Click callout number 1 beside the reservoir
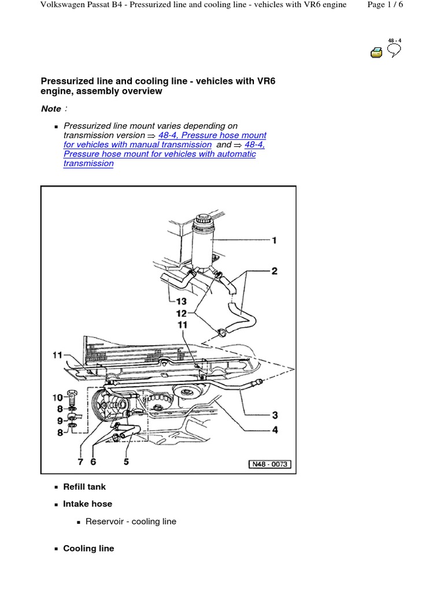(x=275, y=240)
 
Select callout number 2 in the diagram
(x=275, y=271)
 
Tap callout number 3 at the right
(x=275, y=415)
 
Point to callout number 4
(x=275, y=430)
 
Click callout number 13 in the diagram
(x=182, y=301)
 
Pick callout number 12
(x=182, y=313)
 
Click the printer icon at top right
(x=376, y=53)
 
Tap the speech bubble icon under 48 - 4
(x=394, y=52)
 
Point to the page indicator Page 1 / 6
(x=402, y=5)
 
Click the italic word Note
(x=51, y=109)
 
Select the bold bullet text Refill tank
(x=84, y=487)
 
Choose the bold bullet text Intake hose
(x=87, y=504)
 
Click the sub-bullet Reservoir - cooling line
(x=131, y=521)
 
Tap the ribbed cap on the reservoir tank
(x=203, y=221)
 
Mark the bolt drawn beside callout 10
(x=72, y=399)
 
